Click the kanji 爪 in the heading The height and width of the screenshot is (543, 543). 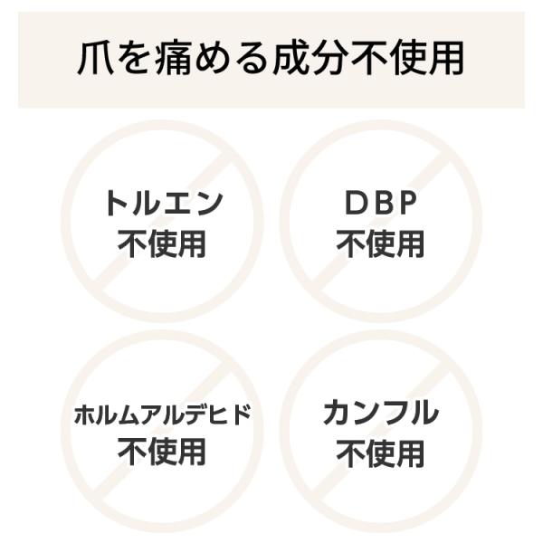point(96,58)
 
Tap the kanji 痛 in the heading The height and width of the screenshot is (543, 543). point(173,58)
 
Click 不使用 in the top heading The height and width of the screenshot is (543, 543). point(407,58)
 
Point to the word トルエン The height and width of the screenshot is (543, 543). point(163,204)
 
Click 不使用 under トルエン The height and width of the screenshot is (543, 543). point(162,244)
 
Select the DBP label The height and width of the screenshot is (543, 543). point(381,204)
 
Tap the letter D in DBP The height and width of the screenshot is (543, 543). point(356,204)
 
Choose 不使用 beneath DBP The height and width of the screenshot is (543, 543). point(380,244)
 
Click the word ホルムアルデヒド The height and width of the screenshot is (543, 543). point(162,414)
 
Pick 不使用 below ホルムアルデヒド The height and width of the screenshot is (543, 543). point(162,452)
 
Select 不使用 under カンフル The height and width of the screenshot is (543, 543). point(380,453)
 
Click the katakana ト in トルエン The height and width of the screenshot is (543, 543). point(117,204)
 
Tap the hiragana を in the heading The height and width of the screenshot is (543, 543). point(135,59)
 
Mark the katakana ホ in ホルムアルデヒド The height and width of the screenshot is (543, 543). point(85,414)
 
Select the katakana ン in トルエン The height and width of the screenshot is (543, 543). point(208,204)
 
